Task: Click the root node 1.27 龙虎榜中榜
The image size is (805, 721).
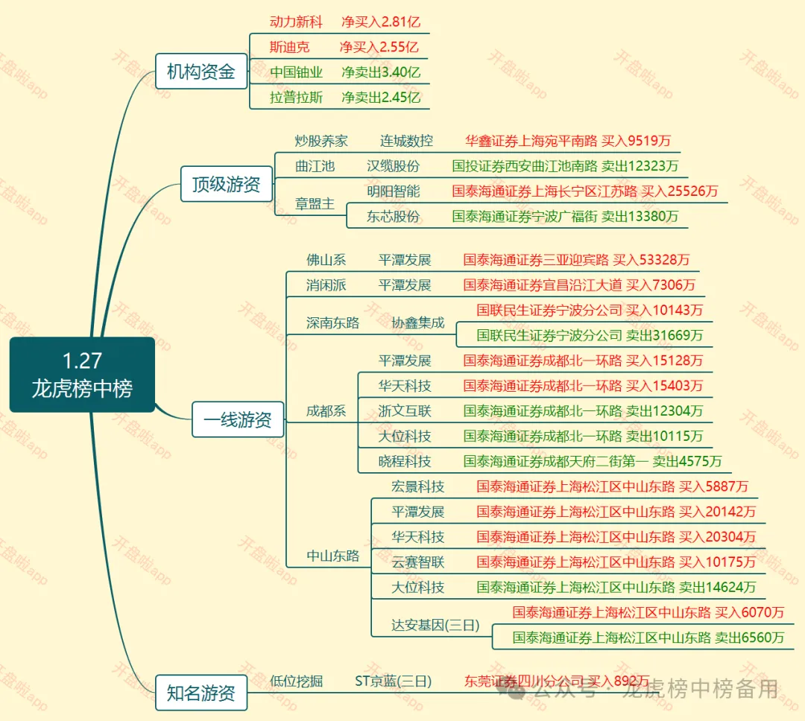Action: [82, 375]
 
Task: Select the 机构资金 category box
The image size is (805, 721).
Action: [201, 72]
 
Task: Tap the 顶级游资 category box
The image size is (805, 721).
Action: [227, 184]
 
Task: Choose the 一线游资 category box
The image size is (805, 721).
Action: [238, 419]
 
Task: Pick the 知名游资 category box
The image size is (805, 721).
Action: [201, 693]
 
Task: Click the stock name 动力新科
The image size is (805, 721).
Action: [296, 22]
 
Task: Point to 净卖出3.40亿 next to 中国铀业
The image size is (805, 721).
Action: [381, 72]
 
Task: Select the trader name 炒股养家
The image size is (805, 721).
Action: [321, 141]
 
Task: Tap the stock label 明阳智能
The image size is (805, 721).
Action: [393, 191]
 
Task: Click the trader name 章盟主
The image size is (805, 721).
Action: [315, 203]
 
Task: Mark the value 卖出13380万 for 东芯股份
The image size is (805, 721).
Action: [640, 217]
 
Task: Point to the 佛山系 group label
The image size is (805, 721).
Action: [326, 260]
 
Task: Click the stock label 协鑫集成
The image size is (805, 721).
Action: [418, 323]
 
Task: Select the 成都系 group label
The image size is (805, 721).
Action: [326, 410]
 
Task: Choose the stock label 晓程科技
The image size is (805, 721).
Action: [405, 461]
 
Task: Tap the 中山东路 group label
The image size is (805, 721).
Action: [333, 556]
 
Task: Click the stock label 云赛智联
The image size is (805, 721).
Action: [418, 562]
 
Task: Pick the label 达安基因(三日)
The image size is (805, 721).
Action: [436, 625]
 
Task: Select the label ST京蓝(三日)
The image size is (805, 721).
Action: [393, 681]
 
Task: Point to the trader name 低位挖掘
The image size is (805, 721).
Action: [296, 681]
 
